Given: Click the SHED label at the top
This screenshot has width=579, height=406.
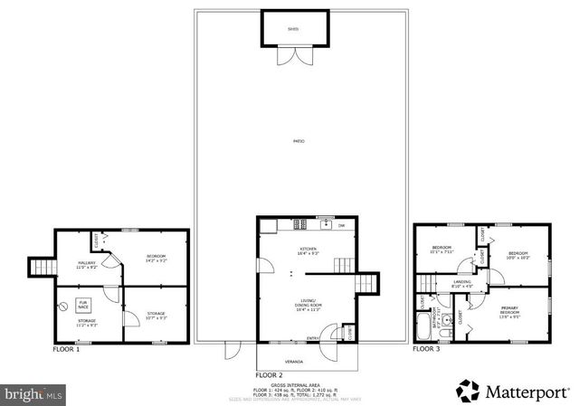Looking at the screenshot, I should [x=292, y=29].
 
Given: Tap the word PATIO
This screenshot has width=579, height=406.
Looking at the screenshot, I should [x=298, y=141].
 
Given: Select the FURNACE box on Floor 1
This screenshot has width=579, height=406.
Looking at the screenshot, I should [x=83, y=305].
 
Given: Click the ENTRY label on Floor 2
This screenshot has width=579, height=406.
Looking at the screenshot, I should [x=312, y=339].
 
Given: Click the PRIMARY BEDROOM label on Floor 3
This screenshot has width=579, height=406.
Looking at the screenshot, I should [x=510, y=314].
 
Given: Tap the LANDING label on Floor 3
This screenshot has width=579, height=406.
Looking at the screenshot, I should [x=461, y=282].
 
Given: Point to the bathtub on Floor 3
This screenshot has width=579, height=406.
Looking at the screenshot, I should [x=424, y=325].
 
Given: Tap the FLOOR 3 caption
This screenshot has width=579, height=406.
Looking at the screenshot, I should [x=426, y=348].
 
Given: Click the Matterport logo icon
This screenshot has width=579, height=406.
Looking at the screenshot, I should [x=467, y=391].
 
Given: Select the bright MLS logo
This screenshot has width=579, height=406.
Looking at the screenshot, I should [x=33, y=394].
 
